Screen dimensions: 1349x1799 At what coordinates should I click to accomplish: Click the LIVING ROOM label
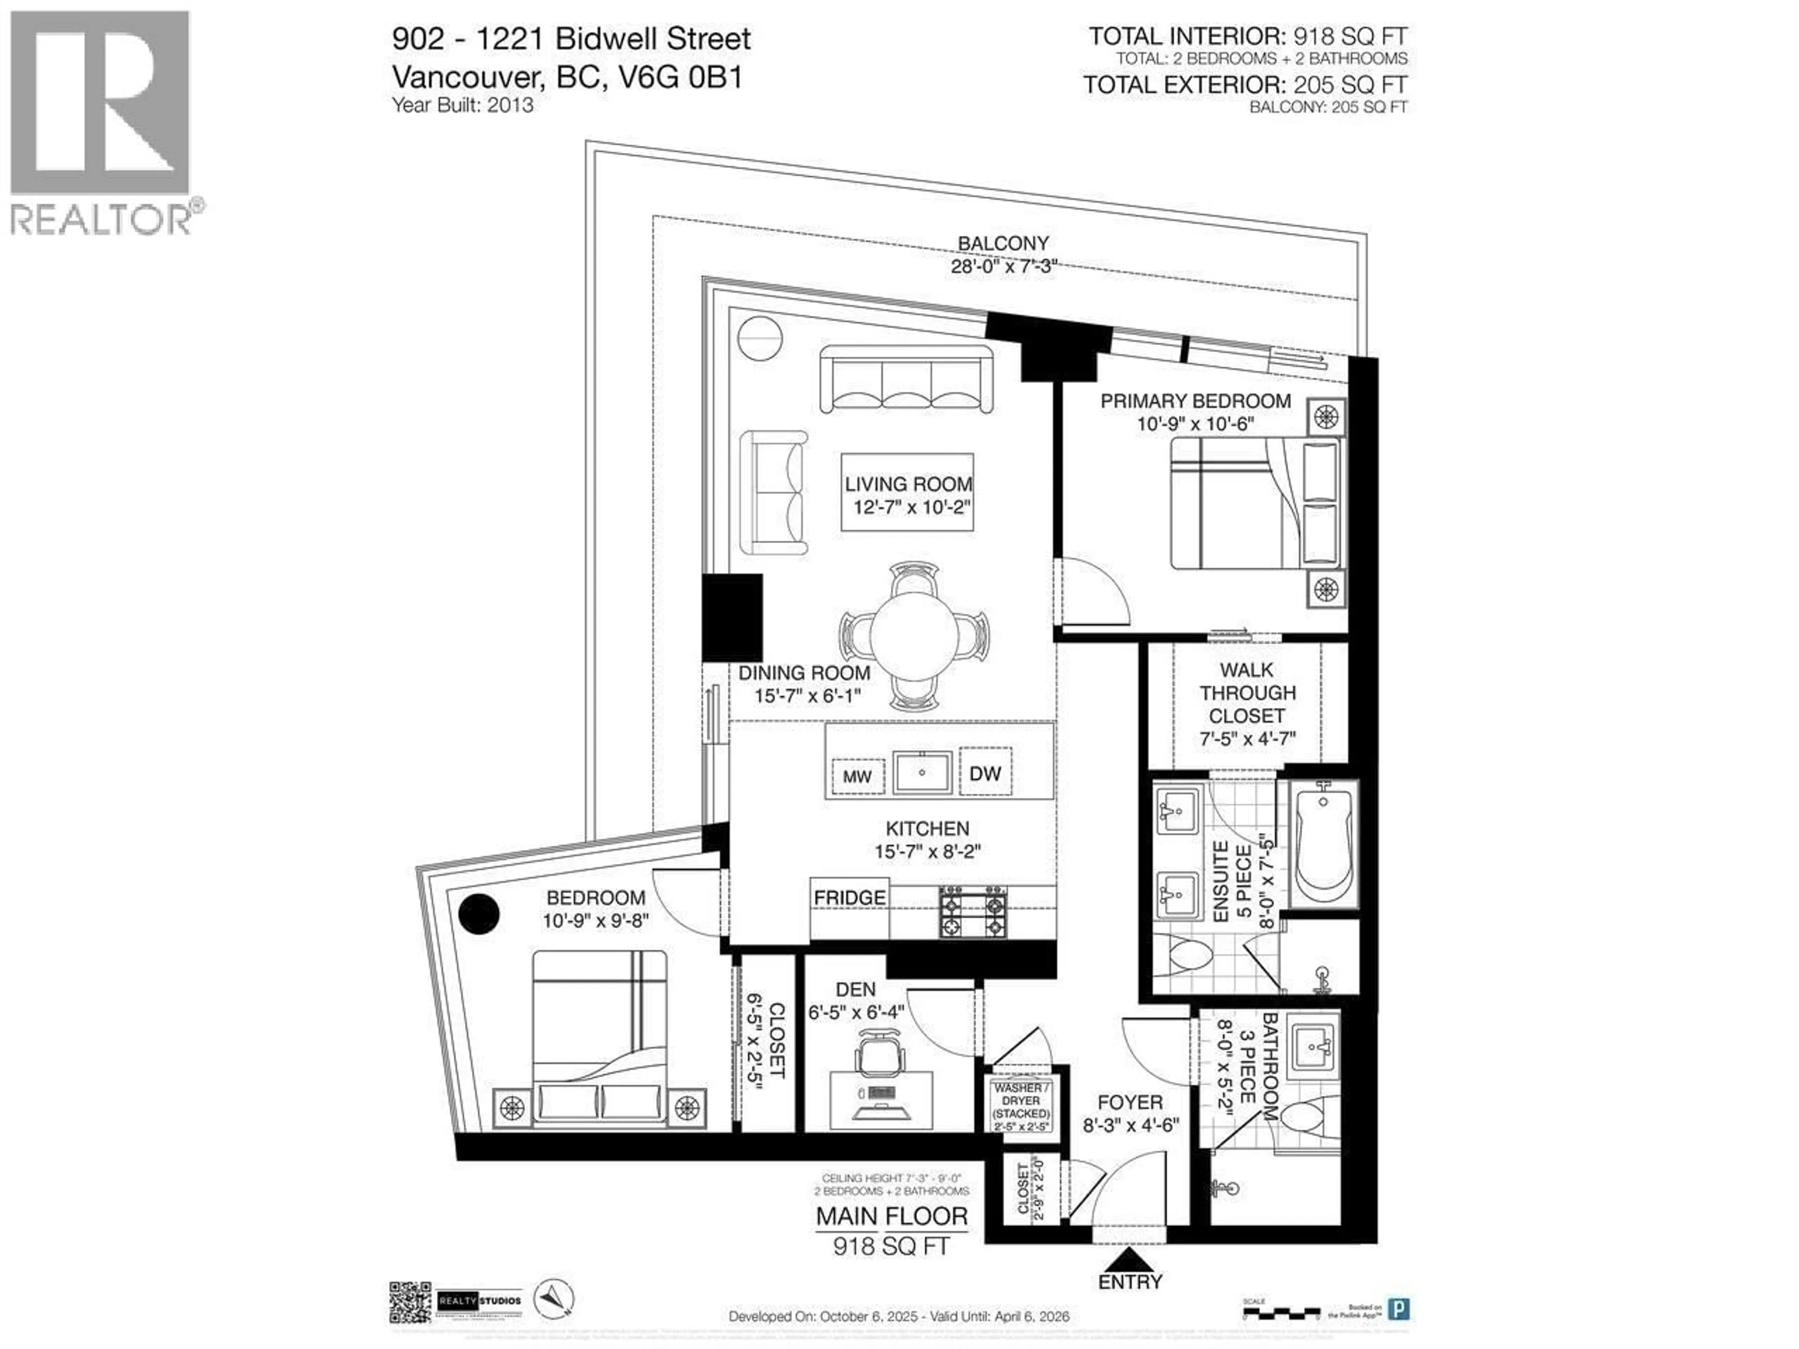907,484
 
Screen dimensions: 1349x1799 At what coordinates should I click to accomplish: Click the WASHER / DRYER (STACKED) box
1021,1106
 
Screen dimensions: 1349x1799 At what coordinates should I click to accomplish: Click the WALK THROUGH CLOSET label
1247,693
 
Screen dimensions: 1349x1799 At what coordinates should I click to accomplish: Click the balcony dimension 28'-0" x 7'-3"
1003,266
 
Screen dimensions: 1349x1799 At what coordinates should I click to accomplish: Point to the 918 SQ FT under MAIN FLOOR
892,1246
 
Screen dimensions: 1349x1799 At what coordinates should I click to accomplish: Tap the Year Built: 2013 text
463,105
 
